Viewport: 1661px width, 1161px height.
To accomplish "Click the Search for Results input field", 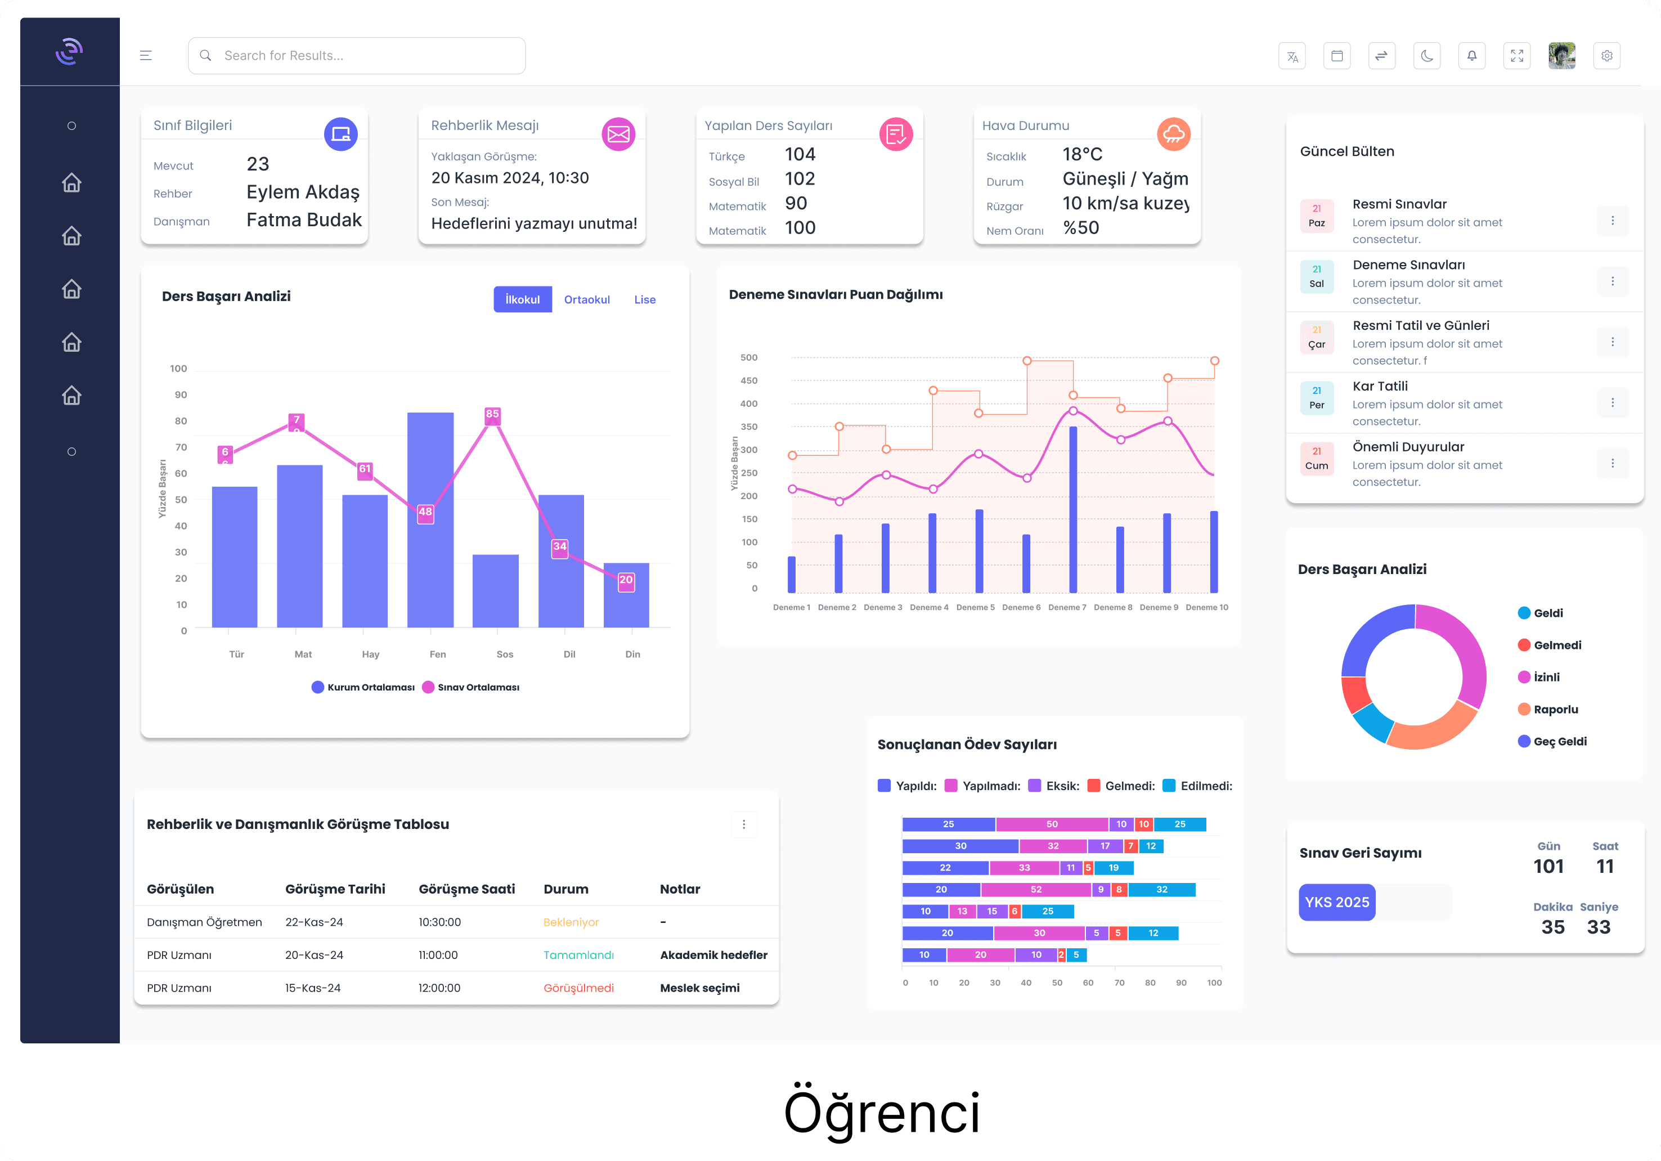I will point(357,56).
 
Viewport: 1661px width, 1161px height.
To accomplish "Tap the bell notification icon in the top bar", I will point(1471,56).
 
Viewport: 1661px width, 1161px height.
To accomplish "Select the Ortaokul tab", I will point(587,299).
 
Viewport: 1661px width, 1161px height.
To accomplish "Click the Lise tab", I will point(645,299).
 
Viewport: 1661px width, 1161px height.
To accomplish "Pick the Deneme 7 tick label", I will point(1067,608).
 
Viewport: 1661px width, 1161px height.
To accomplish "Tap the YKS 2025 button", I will point(1337,902).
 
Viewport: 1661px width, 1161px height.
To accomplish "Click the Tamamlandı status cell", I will point(579,955).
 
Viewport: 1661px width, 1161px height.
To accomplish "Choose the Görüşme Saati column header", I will point(466,889).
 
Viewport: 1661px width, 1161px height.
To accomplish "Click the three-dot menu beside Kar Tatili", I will point(1613,403).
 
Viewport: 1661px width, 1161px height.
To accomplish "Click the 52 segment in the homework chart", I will point(1036,890).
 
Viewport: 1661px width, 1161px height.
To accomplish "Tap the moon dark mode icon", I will point(1426,56).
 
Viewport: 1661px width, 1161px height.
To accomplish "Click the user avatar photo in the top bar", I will point(1562,56).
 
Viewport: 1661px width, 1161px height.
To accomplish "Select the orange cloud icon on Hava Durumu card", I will point(1173,134).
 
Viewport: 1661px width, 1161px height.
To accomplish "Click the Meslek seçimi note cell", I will point(699,988).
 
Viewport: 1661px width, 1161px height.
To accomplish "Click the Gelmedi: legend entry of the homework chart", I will point(1121,786).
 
